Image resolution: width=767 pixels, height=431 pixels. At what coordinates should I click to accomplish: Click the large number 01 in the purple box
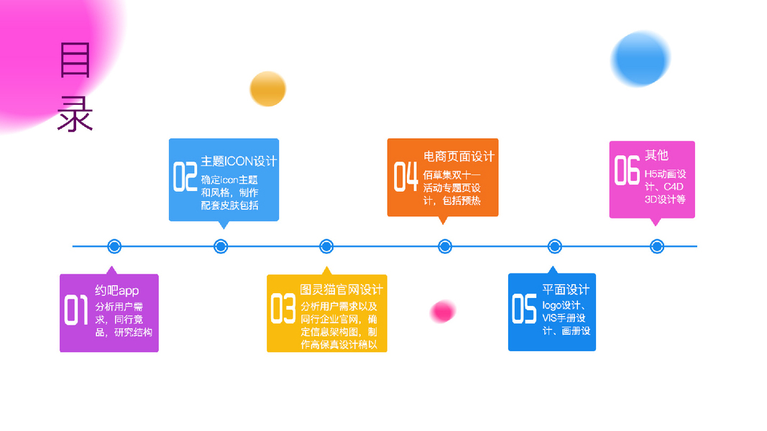click(x=77, y=310)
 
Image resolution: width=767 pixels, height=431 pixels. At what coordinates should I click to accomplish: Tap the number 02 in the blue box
click(x=185, y=177)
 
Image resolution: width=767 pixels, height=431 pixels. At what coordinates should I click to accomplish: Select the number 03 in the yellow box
click(x=283, y=308)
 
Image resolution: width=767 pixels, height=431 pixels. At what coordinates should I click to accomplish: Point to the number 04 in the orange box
click(x=405, y=177)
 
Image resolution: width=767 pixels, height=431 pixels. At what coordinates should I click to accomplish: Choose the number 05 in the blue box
click(x=524, y=308)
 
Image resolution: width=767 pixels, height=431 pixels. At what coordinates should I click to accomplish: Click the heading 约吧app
click(x=117, y=290)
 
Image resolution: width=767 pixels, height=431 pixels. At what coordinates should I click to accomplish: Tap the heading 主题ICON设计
click(x=239, y=161)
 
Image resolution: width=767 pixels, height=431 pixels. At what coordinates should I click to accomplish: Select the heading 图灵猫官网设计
click(x=341, y=289)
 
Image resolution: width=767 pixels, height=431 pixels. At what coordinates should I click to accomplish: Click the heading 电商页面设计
click(x=459, y=157)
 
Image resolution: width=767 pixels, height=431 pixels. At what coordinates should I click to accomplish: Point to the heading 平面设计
click(x=566, y=289)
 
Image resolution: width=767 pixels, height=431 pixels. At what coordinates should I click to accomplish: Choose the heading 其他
click(x=656, y=154)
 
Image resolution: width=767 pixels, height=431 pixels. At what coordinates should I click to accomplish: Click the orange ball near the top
click(x=268, y=89)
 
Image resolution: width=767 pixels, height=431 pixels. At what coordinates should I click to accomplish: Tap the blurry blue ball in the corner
click(x=640, y=59)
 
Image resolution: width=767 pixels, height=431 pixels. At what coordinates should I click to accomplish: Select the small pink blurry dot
click(x=443, y=311)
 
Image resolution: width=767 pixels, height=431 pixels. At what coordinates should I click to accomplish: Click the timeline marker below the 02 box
click(x=221, y=246)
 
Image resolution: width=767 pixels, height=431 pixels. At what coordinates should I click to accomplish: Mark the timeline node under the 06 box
click(x=656, y=246)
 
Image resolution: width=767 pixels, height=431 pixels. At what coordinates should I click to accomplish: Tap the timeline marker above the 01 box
click(x=114, y=246)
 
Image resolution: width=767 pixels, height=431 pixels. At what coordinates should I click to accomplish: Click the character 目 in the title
click(x=75, y=60)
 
